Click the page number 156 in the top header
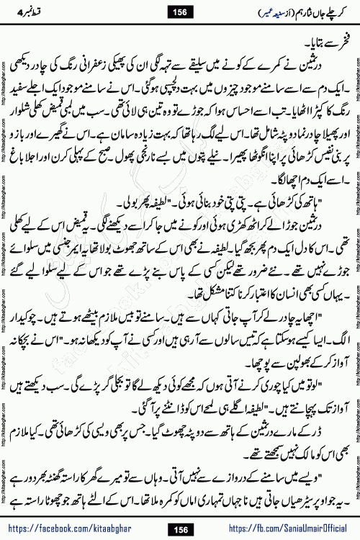(x=179, y=11)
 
